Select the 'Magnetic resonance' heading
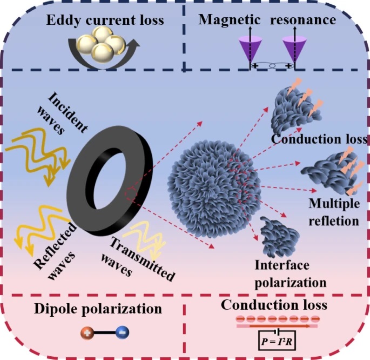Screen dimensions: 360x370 [267, 21]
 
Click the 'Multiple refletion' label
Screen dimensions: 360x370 [333, 212]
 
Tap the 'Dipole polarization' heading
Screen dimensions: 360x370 [98, 309]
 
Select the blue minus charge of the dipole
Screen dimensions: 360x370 [123, 331]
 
